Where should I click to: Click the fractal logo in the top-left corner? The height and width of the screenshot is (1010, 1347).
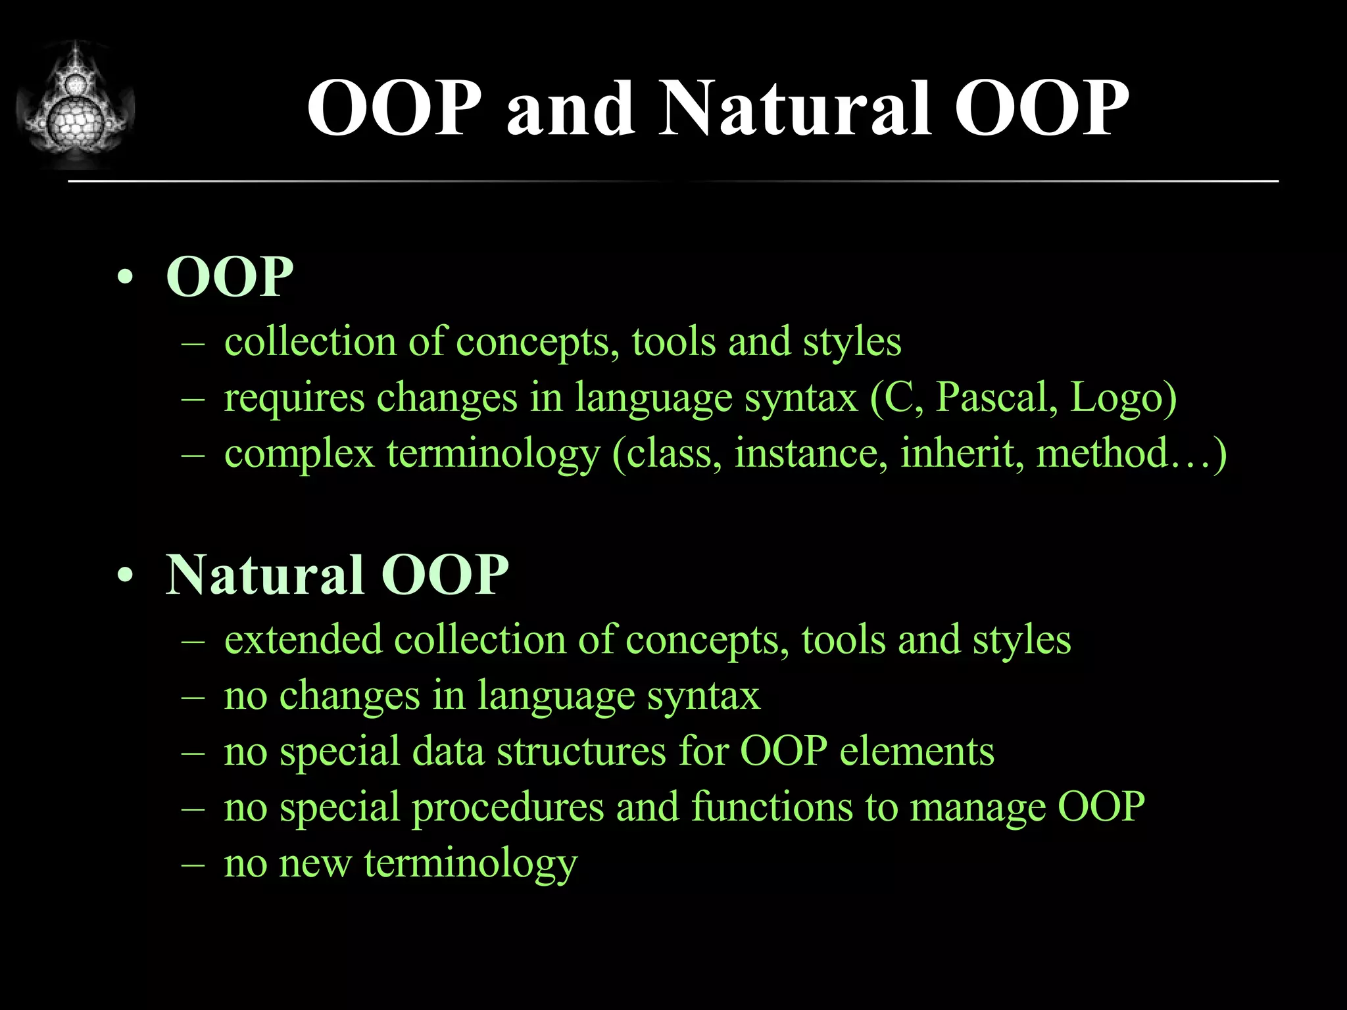(75, 105)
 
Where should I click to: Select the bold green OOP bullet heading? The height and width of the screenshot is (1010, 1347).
(230, 277)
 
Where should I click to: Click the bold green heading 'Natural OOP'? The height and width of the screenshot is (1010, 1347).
(337, 575)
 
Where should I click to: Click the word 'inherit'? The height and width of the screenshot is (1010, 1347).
(961, 454)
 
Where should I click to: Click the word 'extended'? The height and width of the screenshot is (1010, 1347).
(303, 640)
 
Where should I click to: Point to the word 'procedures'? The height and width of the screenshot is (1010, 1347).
(507, 808)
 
